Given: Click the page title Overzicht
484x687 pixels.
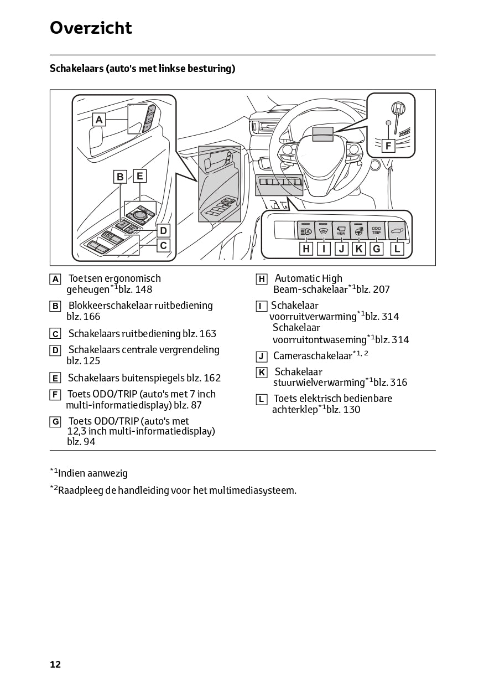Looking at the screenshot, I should (91, 28).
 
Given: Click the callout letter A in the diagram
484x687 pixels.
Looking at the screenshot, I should (98, 119).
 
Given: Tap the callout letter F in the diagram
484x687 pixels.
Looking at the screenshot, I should (388, 146).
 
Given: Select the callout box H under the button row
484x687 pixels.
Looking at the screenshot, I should (306, 249).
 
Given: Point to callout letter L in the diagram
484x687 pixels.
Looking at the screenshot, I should (397, 249).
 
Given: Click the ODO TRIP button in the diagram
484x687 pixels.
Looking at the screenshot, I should (376, 230).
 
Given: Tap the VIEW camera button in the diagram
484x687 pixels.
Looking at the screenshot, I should (341, 230).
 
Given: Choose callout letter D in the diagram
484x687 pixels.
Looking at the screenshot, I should (163, 230).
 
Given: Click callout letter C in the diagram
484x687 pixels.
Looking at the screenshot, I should (163, 245).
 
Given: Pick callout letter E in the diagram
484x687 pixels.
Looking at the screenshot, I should (140, 176).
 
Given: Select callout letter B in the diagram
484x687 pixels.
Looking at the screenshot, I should (120, 177).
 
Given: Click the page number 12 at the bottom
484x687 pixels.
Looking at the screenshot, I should (55, 664).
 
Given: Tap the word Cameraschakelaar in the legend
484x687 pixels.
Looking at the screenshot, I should (313, 356).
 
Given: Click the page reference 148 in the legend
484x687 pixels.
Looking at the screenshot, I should (143, 290).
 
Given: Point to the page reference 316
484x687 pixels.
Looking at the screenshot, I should (398, 383).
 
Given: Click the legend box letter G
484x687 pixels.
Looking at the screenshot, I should (55, 422).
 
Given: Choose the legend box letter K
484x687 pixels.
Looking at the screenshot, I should (262, 373).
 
